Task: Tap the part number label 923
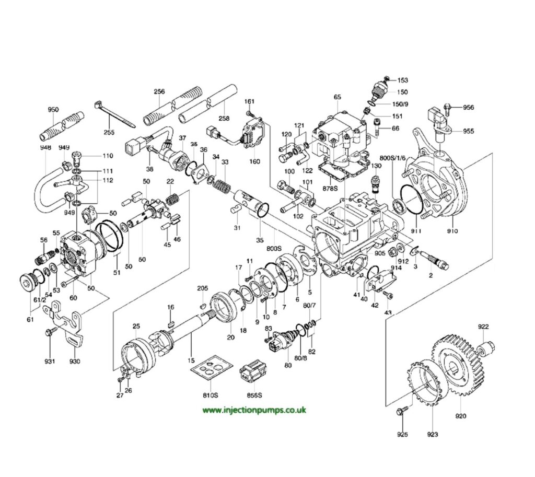(x=433, y=435)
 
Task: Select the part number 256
(x=159, y=92)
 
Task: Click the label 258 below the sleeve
(x=224, y=118)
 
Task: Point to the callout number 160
(x=254, y=161)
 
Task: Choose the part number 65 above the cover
(x=337, y=97)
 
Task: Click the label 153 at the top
(x=402, y=80)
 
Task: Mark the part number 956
(x=468, y=108)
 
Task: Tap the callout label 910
(x=452, y=231)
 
